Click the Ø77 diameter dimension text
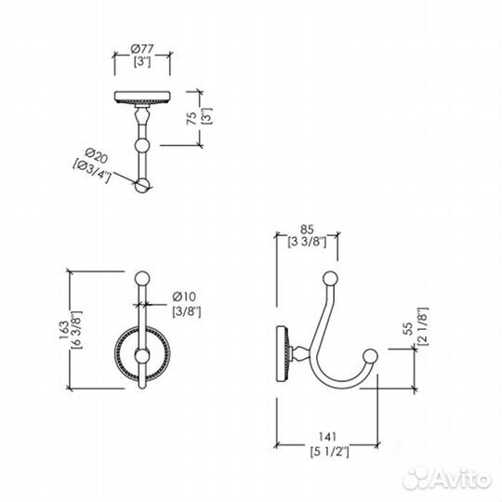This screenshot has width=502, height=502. coord(142,49)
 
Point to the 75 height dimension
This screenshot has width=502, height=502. coord(192,118)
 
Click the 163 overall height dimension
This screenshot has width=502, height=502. coord(64,330)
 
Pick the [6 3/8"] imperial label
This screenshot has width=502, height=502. coord(77,330)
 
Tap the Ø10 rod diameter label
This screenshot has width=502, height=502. coord(184,297)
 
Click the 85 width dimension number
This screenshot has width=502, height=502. coord(307,230)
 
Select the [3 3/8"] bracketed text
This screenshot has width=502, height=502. coord(307,242)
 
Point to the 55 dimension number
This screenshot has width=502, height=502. coord(408,328)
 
